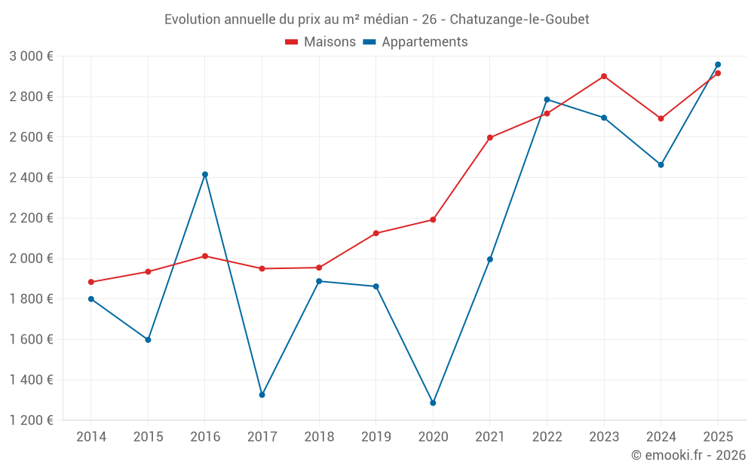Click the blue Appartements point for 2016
pyautogui.click(x=205, y=174)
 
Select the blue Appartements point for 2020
pyautogui.click(x=433, y=403)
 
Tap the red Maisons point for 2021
pyautogui.click(x=490, y=137)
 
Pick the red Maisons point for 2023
pyautogui.click(x=604, y=76)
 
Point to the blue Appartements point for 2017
pyautogui.click(x=262, y=395)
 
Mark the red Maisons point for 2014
pyautogui.click(x=91, y=282)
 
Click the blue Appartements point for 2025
pyautogui.click(x=718, y=65)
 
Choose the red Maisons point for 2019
pyautogui.click(x=376, y=233)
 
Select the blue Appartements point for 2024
pyautogui.click(x=661, y=164)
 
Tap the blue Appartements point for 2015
pyautogui.click(x=148, y=340)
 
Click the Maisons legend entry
pyautogui.click(x=320, y=42)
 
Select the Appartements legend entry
pyautogui.click(x=415, y=42)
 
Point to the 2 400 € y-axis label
pyautogui.click(x=31, y=178)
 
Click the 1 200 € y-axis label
pyautogui.click(x=31, y=421)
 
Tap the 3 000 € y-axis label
pyautogui.click(x=31, y=57)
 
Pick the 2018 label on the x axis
pyautogui.click(x=319, y=436)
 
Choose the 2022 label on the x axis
pyautogui.click(x=547, y=436)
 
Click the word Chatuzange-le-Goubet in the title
pyautogui.click(x=520, y=19)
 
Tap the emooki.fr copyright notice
pyautogui.click(x=688, y=455)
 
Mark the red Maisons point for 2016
pyautogui.click(x=205, y=256)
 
